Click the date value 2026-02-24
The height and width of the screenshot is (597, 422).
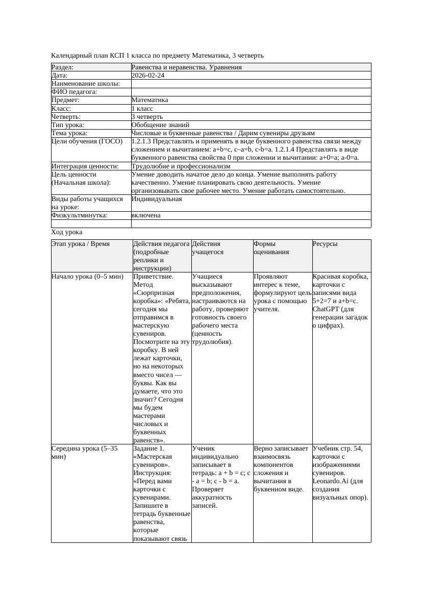(148, 76)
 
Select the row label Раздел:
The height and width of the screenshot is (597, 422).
(63, 67)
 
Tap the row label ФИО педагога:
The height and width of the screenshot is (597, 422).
(75, 92)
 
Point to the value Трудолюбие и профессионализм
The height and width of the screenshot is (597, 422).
(181, 166)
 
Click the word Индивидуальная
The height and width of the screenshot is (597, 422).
(157, 199)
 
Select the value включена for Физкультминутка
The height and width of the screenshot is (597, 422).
(146, 215)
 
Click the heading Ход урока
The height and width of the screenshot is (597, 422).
(67, 232)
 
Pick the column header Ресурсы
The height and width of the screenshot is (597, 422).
(325, 244)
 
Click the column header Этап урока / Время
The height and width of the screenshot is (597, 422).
(81, 244)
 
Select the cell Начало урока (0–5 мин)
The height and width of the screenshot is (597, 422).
(87, 277)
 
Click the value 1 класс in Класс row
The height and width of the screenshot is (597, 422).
(142, 109)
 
